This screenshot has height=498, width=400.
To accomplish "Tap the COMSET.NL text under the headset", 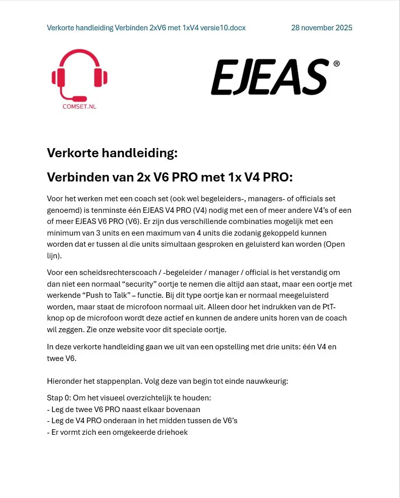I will (79, 106).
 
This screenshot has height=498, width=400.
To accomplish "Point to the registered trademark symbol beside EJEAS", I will (336, 64).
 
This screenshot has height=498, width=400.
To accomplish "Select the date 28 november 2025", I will (322, 28).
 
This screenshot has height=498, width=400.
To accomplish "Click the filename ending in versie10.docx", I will (146, 28).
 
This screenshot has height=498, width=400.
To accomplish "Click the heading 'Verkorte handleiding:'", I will (112, 153).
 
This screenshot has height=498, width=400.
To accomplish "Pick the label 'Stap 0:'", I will (59, 398).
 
